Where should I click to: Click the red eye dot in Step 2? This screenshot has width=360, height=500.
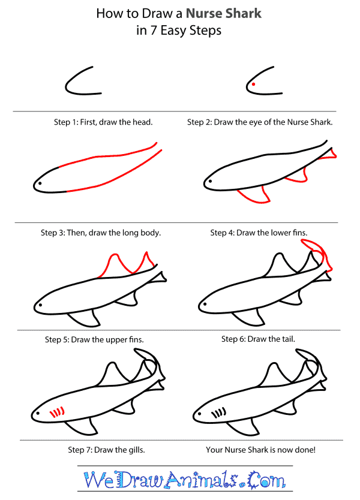pyautogui.click(x=253, y=85)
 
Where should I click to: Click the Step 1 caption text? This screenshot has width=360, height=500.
pyautogui.click(x=103, y=122)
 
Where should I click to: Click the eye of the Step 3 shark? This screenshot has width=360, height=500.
pyautogui.click(x=40, y=182)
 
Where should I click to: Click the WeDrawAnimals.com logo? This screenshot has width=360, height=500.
pyautogui.click(x=179, y=480)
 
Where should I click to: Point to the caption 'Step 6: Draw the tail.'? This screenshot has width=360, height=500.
pyautogui.click(x=258, y=339)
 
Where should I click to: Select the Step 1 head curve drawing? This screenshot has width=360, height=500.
pyautogui.click(x=81, y=83)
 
